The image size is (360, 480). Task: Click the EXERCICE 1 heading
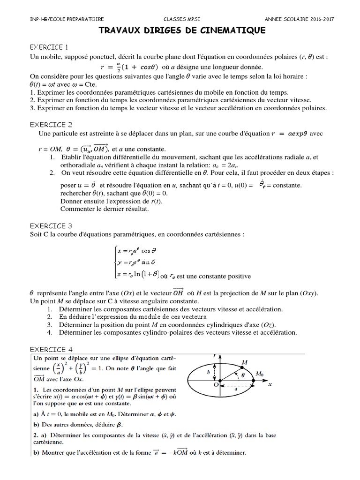pyautogui.click(x=49, y=47)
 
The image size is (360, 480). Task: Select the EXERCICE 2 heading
pyautogui.click(x=51, y=124)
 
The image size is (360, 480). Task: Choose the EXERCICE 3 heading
pyautogui.click(x=51, y=225)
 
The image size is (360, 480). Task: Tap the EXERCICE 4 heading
pyautogui.click(x=51, y=349)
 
